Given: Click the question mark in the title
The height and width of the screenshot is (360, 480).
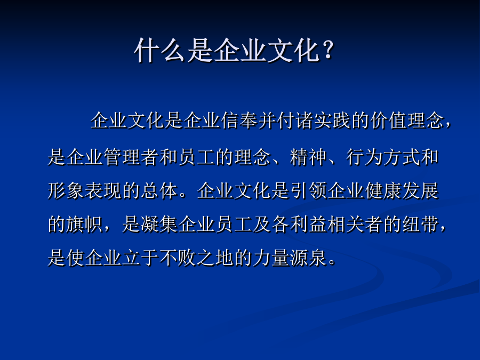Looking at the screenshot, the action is click(x=328, y=50).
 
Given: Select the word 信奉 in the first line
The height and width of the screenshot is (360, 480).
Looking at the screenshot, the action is click(x=239, y=120).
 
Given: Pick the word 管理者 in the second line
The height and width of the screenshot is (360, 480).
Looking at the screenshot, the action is click(x=131, y=157).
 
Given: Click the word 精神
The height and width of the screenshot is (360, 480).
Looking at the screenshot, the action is click(x=308, y=157).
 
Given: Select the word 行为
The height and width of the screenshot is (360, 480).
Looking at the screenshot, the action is click(x=364, y=157).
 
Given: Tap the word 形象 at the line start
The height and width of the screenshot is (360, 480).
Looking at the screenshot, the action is click(x=66, y=190).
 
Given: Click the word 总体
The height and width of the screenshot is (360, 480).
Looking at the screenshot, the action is click(x=159, y=190).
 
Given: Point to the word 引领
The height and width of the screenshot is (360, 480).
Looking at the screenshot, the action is click(x=309, y=190).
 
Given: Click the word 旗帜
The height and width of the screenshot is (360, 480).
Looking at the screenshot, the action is click(x=84, y=224).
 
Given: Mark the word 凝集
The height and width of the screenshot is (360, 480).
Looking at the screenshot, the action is click(x=159, y=224).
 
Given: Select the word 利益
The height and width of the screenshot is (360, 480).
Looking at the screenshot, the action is click(x=308, y=224).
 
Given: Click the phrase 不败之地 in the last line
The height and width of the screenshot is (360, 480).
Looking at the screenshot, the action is click(x=196, y=258).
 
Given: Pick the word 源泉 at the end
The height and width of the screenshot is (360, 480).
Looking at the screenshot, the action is click(x=308, y=258).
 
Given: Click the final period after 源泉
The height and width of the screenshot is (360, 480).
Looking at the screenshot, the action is click(x=332, y=262).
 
